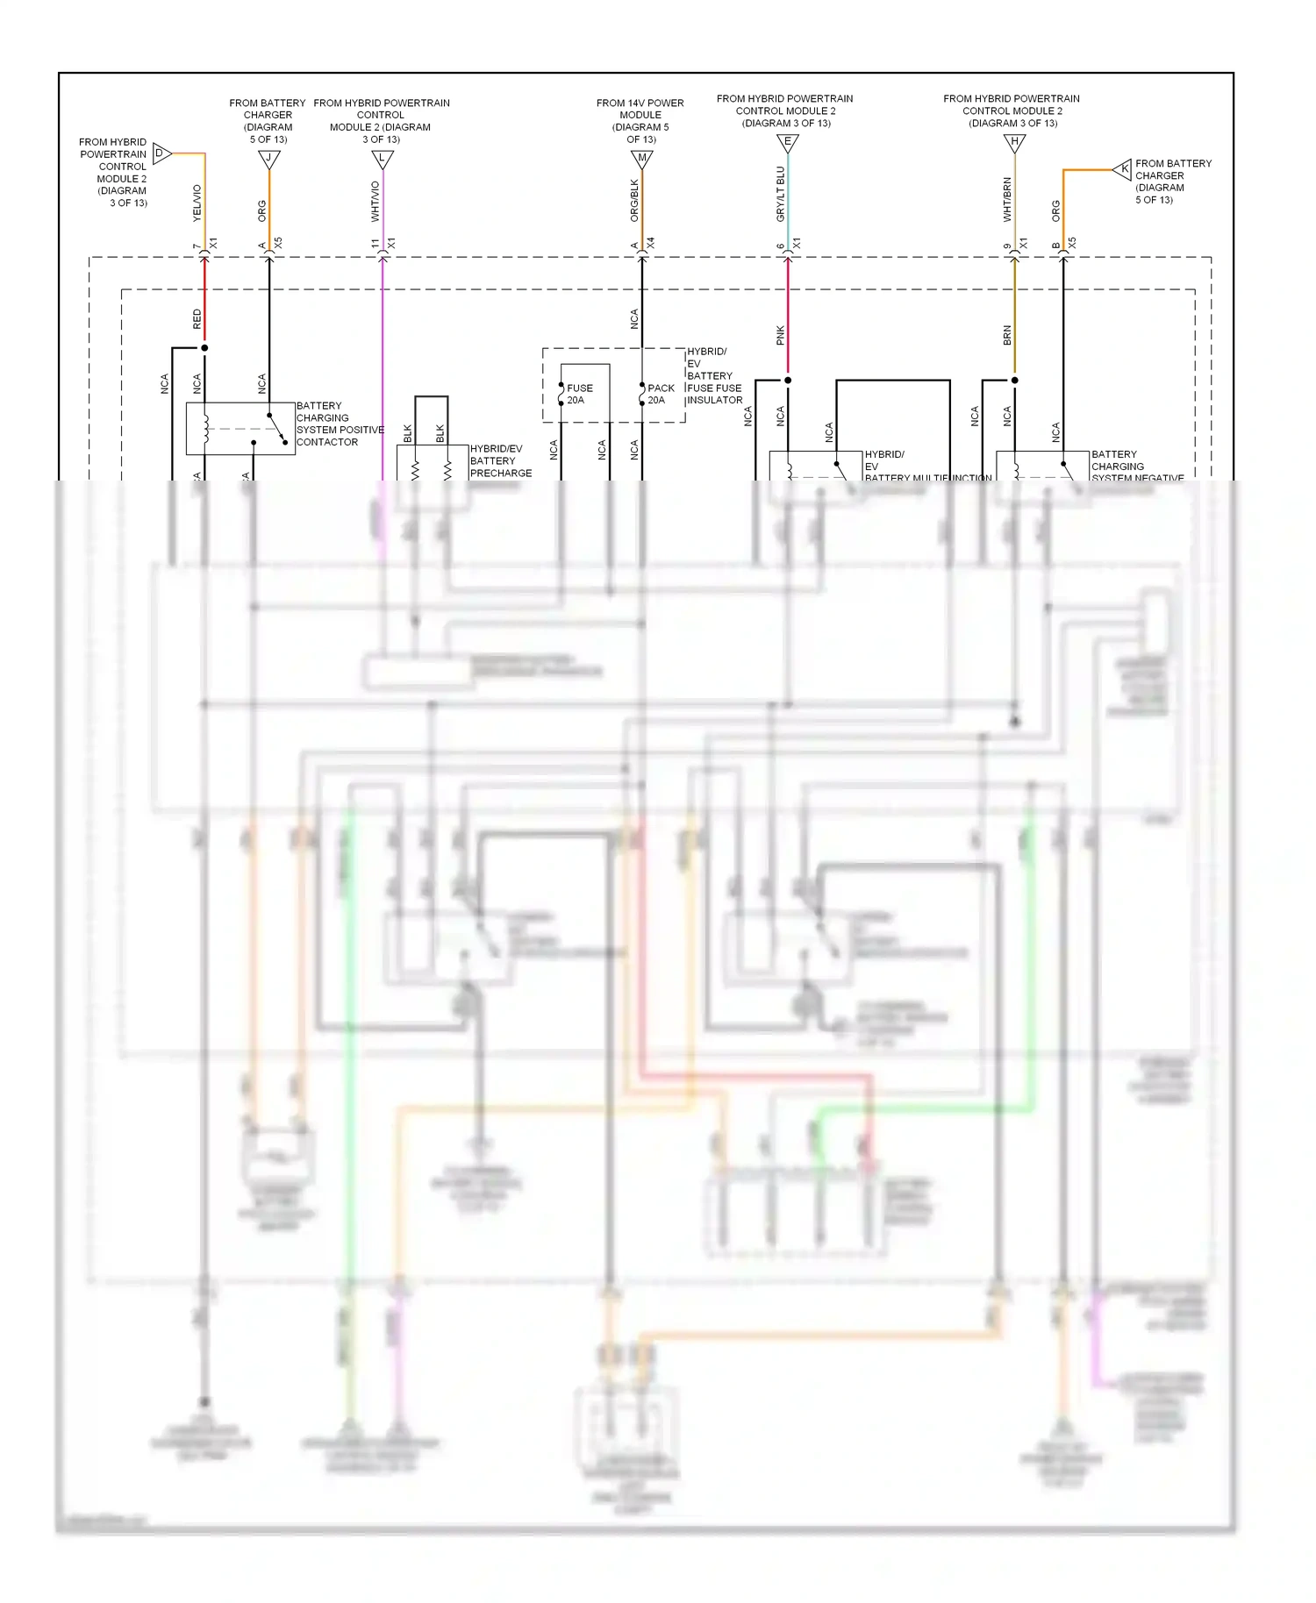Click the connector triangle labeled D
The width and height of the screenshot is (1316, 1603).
click(161, 153)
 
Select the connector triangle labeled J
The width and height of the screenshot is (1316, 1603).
click(268, 159)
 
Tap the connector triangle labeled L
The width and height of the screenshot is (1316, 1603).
click(382, 159)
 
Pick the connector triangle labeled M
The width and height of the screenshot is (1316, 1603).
click(641, 159)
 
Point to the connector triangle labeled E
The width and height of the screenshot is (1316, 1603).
click(787, 142)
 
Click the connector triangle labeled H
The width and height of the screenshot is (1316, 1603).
click(1014, 142)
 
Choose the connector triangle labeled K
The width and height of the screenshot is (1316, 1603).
click(1123, 169)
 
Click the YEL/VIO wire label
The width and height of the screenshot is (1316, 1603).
click(197, 202)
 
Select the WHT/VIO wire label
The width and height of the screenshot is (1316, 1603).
click(375, 201)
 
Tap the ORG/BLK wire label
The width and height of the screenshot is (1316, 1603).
click(634, 200)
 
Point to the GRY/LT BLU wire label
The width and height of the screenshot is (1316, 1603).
click(780, 194)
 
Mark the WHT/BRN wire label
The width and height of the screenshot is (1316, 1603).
click(1007, 199)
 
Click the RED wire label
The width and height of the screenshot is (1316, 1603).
click(197, 318)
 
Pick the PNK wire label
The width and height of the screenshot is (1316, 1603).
click(780, 335)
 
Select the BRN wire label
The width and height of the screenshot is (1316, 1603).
click(1007, 335)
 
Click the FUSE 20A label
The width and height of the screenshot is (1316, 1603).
click(579, 394)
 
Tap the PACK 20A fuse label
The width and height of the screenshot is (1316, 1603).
click(660, 394)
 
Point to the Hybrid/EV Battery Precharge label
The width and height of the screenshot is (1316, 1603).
click(499, 460)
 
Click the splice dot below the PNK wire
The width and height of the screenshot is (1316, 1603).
click(787, 381)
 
